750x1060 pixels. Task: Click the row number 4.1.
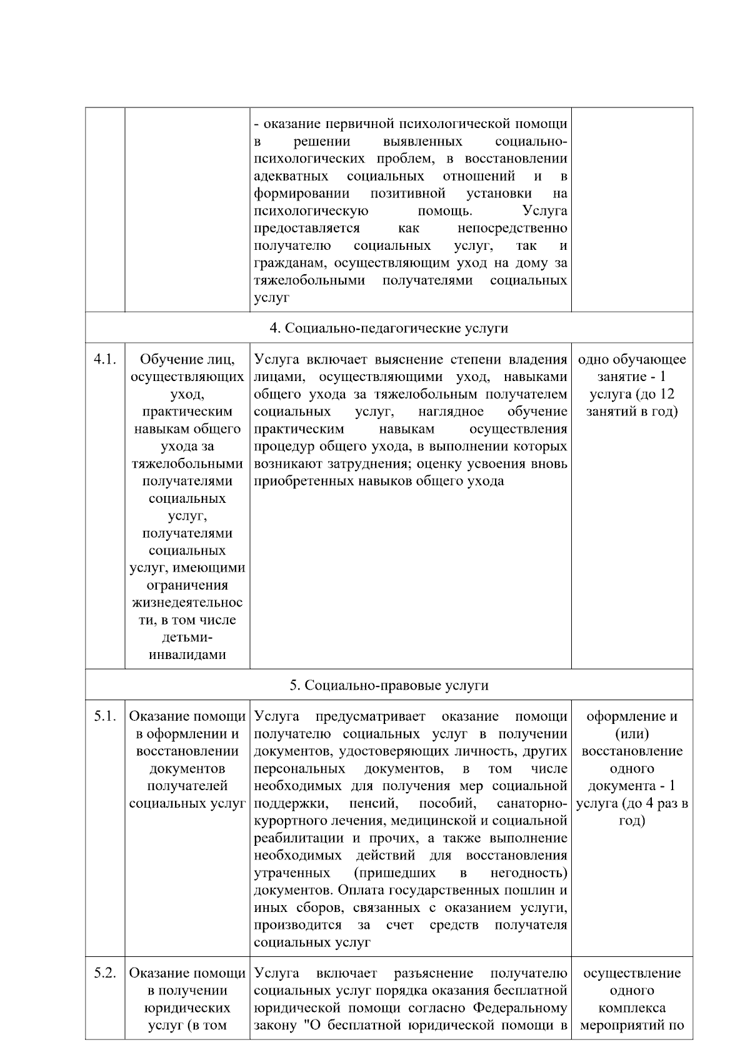click(x=105, y=360)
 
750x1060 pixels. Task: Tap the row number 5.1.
click(x=105, y=716)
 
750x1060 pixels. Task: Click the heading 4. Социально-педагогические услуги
click(x=389, y=328)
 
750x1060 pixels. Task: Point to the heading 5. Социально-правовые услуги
click(x=389, y=685)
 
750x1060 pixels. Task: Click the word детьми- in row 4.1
click(x=187, y=638)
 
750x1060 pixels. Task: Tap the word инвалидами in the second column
click(x=187, y=655)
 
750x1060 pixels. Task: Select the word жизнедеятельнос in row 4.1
click(x=187, y=603)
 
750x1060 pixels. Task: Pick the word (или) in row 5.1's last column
click(x=632, y=734)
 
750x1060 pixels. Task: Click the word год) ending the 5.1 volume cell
click(x=632, y=821)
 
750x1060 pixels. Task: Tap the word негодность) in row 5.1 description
click(x=529, y=873)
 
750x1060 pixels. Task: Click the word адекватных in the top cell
click(x=291, y=176)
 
